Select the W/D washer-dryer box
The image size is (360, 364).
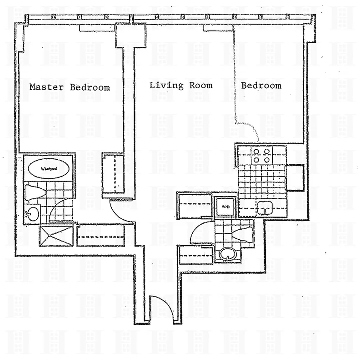(x=225, y=207)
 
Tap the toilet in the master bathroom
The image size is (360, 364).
(x=34, y=192)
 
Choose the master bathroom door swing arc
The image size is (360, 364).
(x=58, y=209)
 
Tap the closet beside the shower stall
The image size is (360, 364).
(x=101, y=236)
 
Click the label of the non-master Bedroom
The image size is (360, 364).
(x=261, y=85)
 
